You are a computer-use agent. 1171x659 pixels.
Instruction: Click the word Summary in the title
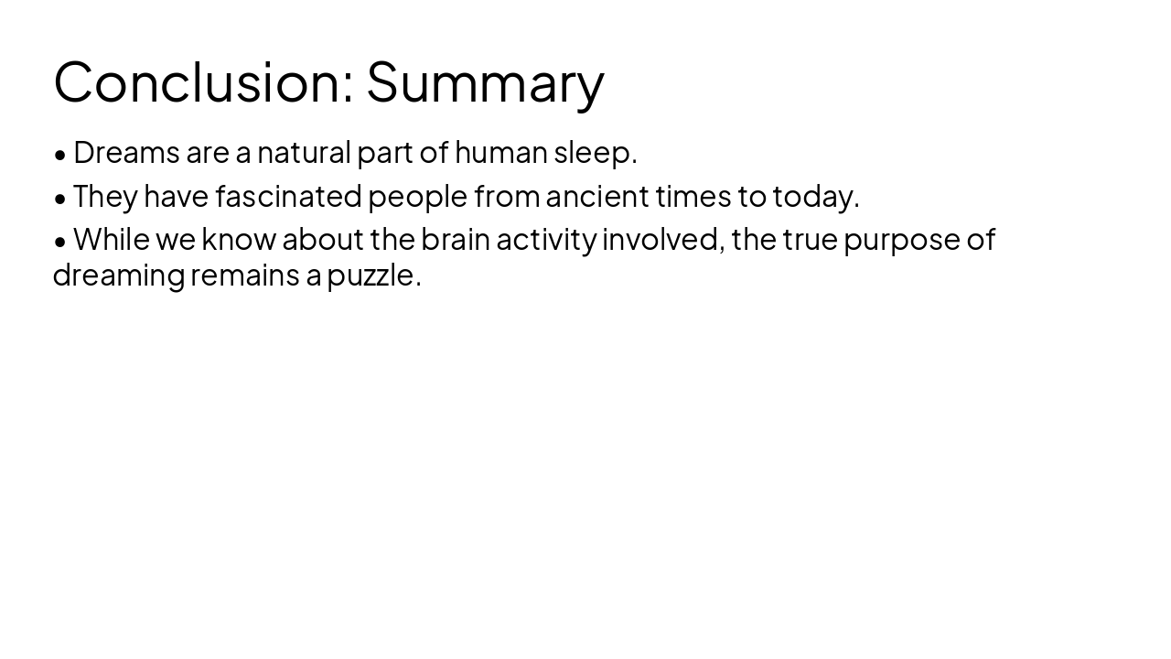coord(485,81)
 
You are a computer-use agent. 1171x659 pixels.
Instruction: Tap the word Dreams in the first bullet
coord(126,152)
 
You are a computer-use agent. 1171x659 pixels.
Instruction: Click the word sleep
coord(592,153)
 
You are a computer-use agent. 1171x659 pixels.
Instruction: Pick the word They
coord(105,196)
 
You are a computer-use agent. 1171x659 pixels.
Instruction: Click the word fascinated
coord(288,196)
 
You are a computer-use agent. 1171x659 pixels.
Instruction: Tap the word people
coord(418,197)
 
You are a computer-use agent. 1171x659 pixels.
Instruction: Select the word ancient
coord(597,196)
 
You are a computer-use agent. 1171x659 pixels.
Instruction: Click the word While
coord(112,239)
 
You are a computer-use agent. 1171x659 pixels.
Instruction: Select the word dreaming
coord(119,275)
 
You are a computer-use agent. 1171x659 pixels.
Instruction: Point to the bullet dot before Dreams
coord(60,154)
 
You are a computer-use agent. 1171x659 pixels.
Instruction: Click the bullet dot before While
coord(60,241)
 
